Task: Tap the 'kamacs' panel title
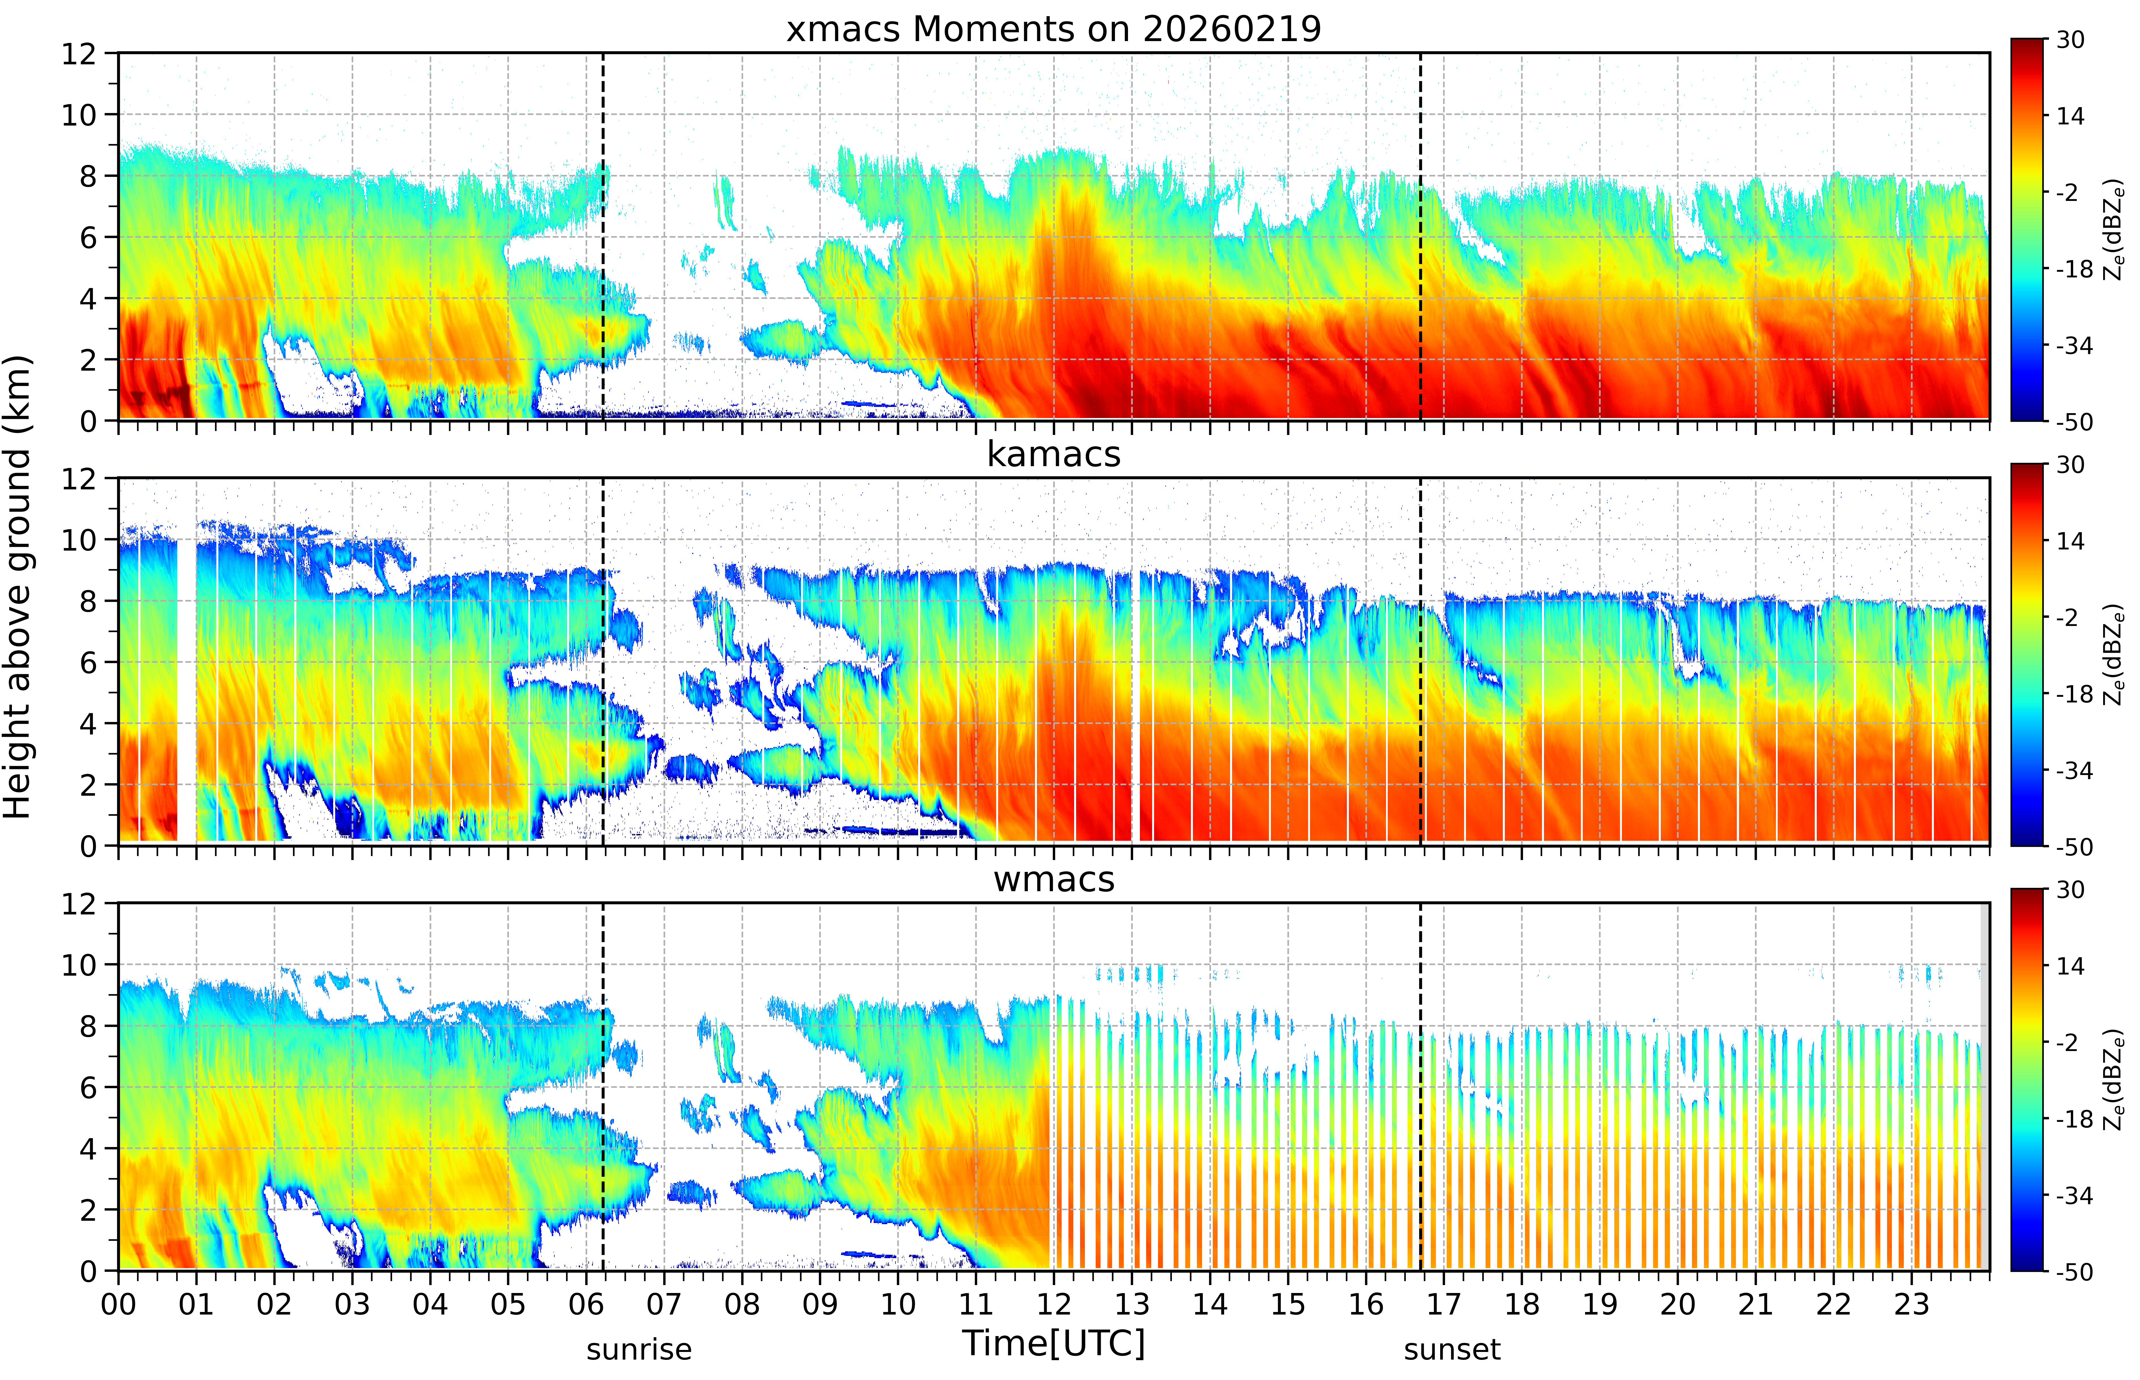[1053, 454]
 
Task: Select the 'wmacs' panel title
[1053, 879]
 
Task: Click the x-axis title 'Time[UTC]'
[1053, 1343]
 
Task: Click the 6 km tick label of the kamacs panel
[88, 662]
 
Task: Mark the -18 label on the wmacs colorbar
[2074, 1119]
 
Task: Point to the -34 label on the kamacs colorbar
[2074, 771]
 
